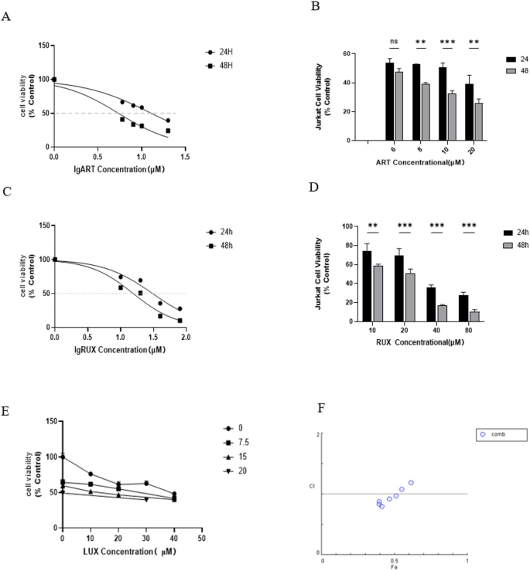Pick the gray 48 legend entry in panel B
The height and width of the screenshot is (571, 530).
pyautogui.click(x=496, y=70)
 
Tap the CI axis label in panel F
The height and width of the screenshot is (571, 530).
pyautogui.click(x=311, y=486)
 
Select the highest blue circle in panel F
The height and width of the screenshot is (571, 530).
pyautogui.click(x=411, y=483)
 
